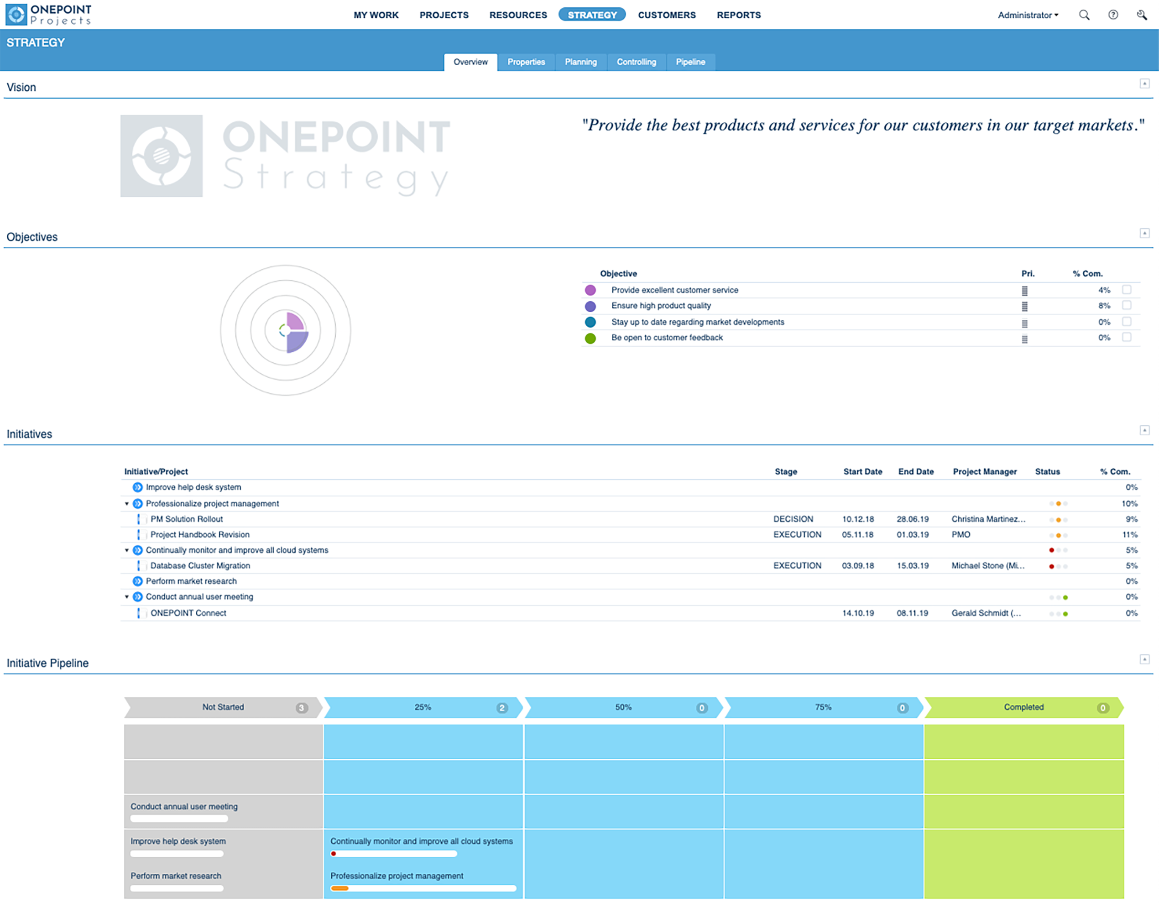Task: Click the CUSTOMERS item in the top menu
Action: (x=667, y=15)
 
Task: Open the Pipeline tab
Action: (x=690, y=62)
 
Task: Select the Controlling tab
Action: (x=636, y=62)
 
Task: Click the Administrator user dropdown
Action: (x=1027, y=15)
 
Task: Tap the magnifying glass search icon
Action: (x=1084, y=15)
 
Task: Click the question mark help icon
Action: (x=1113, y=15)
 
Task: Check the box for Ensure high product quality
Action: (x=1127, y=305)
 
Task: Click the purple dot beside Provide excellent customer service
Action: (x=590, y=290)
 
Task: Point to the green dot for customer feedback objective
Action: (x=590, y=338)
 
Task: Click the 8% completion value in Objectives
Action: (x=1104, y=306)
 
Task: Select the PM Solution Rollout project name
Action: (x=187, y=519)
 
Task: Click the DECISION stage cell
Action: (x=793, y=519)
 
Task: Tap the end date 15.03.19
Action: (x=912, y=566)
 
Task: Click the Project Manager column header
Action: (x=984, y=471)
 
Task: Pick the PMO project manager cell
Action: (x=961, y=534)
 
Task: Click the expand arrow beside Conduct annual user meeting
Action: (x=126, y=597)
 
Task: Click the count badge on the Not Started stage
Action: (x=302, y=708)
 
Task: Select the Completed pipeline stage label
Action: (x=1023, y=707)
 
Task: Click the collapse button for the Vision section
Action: (x=1144, y=83)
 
